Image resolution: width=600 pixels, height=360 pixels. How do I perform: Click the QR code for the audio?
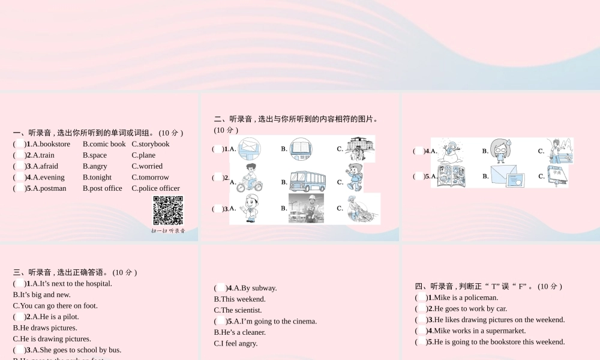[x=168, y=211]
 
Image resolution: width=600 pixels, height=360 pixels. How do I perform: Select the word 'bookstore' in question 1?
[x=55, y=144]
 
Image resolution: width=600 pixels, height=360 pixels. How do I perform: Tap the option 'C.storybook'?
[x=151, y=144]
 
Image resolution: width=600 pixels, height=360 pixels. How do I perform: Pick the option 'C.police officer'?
[x=155, y=188]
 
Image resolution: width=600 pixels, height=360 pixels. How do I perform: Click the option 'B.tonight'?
[x=97, y=178]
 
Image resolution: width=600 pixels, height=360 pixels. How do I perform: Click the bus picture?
[x=307, y=180]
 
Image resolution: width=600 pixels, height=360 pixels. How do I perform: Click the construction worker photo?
[x=306, y=208]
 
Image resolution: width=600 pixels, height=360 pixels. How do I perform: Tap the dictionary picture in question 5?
[x=558, y=176]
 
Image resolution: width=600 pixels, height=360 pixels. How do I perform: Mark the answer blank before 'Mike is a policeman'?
[x=421, y=298]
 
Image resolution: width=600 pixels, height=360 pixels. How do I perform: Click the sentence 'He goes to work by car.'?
[x=470, y=309]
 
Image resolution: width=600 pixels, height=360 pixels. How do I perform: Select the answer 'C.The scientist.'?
[x=238, y=310]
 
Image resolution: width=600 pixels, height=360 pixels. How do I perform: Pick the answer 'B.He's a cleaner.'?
[x=239, y=332]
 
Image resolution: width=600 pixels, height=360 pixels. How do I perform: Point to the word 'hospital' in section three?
[x=95, y=284]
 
